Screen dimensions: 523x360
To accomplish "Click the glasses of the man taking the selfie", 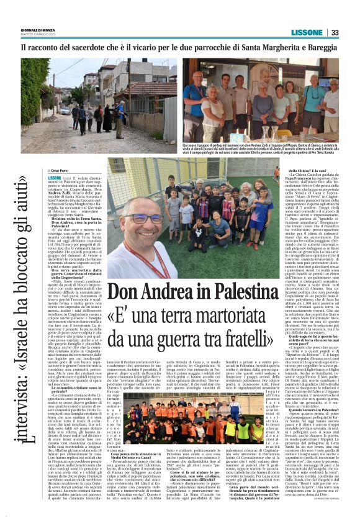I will click(x=144, y=219).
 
